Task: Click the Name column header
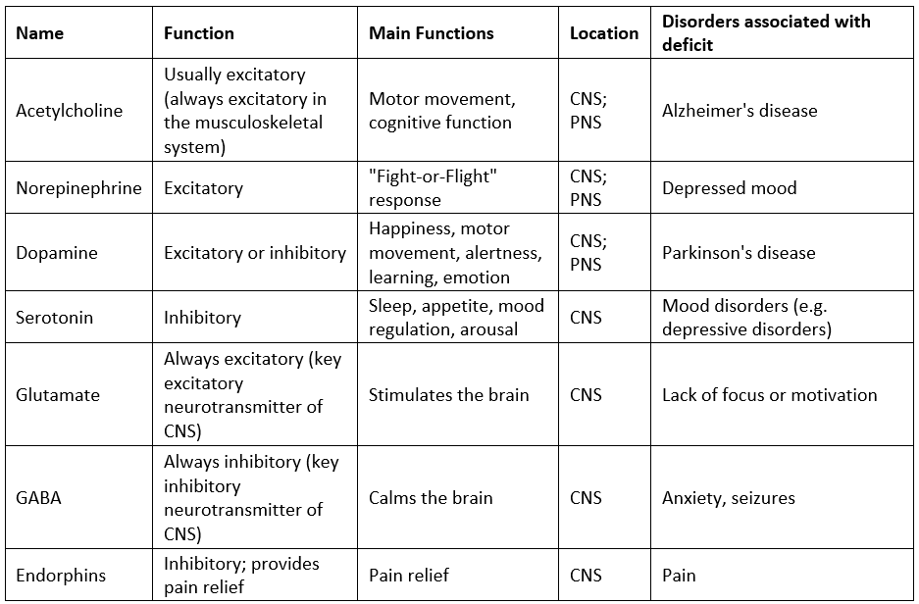click(39, 33)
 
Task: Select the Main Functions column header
click(432, 33)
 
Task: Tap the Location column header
click(604, 33)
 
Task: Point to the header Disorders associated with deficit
click(766, 33)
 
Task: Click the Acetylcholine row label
click(70, 111)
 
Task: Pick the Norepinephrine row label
click(78, 188)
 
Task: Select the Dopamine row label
click(57, 253)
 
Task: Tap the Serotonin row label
click(55, 318)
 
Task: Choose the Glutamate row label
click(58, 395)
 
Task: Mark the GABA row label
click(38, 498)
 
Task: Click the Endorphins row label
click(61, 576)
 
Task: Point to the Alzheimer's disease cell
click(740, 111)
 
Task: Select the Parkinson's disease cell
click(739, 253)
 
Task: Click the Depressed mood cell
click(729, 188)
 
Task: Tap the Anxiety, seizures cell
click(729, 498)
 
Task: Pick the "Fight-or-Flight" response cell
click(434, 188)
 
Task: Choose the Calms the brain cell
click(431, 498)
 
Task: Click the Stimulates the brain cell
click(449, 395)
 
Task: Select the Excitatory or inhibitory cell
click(255, 253)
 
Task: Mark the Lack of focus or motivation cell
click(770, 395)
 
